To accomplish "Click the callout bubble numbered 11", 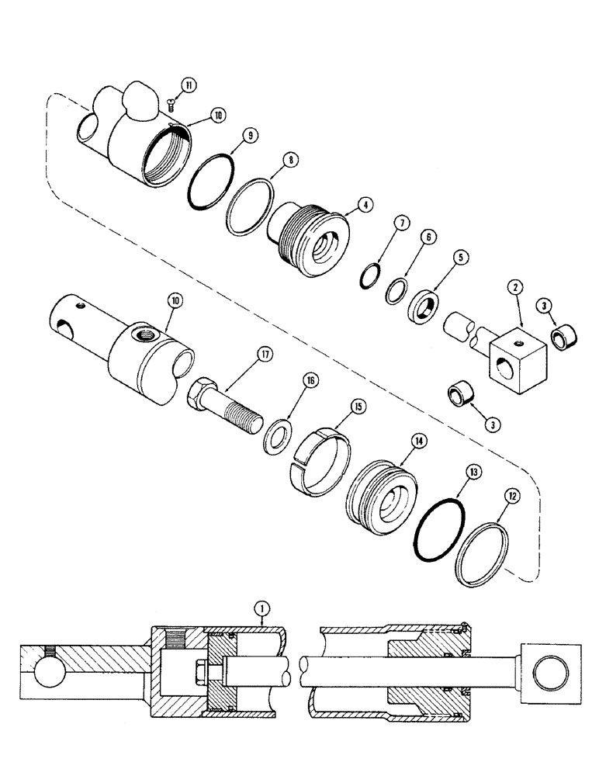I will point(187,84).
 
